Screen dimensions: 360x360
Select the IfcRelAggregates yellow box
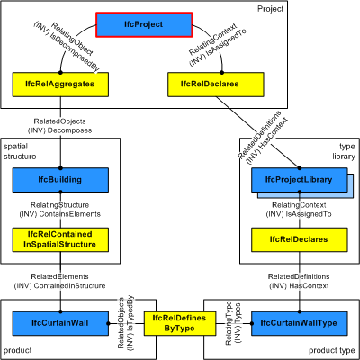coord(61,85)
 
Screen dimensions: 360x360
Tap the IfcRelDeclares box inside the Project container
coord(210,85)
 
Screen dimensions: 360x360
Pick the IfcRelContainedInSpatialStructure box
coord(61,238)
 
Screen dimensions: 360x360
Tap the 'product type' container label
coord(328,349)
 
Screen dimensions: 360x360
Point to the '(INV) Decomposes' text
coord(60,128)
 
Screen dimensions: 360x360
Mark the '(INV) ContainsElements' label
coord(61,214)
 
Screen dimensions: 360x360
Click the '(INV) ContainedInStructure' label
coord(60,285)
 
